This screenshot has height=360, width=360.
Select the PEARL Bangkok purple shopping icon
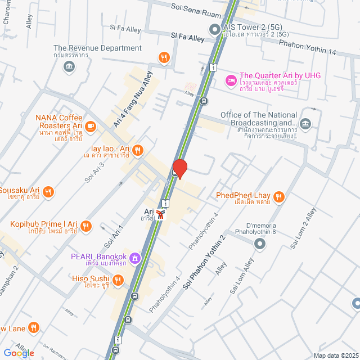pyautogui.click(x=134, y=258)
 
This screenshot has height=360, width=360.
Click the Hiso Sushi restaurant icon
pyautogui.click(x=118, y=280)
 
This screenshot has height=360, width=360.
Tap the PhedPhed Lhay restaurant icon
pyautogui.click(x=280, y=196)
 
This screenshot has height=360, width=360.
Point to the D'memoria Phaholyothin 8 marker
pyautogui.click(x=259, y=244)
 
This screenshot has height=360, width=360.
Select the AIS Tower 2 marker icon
pyautogui.click(x=214, y=29)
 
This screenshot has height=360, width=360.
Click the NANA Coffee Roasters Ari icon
pyautogui.click(x=93, y=126)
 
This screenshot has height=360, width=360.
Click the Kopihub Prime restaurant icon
pyautogui.click(x=86, y=226)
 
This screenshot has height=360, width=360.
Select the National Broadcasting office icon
pyautogui.click(x=305, y=123)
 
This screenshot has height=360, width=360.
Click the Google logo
pyautogui.click(x=19, y=353)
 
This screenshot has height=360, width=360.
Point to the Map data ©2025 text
pyautogui.click(x=335, y=355)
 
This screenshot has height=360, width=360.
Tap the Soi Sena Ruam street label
pyautogui.click(x=197, y=7)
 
